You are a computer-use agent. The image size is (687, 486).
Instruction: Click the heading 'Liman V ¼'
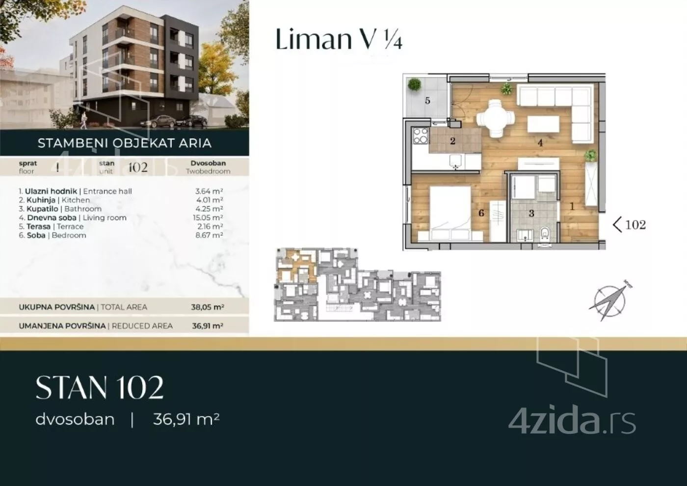click(x=339, y=39)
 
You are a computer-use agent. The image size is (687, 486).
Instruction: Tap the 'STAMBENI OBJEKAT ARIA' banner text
click(x=125, y=143)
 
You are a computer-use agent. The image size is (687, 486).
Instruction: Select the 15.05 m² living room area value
click(x=209, y=217)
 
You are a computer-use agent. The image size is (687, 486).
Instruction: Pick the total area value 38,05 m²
click(x=207, y=307)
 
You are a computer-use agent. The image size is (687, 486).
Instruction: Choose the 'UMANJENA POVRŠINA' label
click(x=62, y=326)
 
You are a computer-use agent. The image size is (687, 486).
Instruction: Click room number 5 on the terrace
click(x=427, y=100)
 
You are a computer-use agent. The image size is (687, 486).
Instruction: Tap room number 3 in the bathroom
click(x=531, y=213)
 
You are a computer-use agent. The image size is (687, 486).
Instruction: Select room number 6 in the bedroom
click(x=481, y=213)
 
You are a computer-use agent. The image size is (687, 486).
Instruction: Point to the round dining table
click(x=495, y=118)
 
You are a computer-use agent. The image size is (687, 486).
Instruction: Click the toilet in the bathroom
click(x=545, y=235)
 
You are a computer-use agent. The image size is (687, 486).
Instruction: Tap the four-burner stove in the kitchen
click(x=421, y=136)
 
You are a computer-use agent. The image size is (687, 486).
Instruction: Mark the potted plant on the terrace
click(x=414, y=84)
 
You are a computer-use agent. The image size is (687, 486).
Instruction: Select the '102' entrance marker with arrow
click(x=629, y=225)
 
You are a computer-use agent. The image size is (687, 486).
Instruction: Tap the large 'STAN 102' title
click(x=99, y=387)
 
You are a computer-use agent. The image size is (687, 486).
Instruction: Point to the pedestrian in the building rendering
click(x=84, y=121)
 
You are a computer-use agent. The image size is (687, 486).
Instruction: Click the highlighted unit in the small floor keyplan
click(x=296, y=266)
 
